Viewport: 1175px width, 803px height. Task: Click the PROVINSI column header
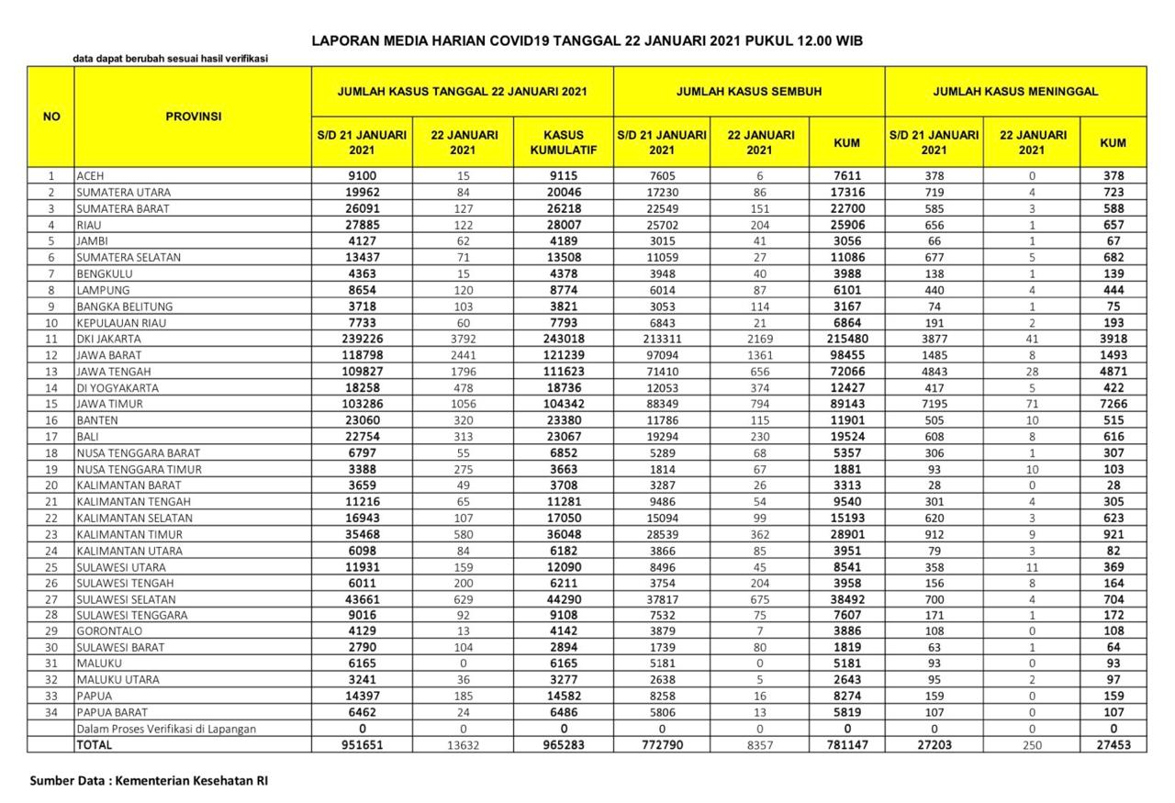click(x=193, y=117)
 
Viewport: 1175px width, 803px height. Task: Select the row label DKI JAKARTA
click(x=109, y=339)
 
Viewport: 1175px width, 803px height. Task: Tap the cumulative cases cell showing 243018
click(x=564, y=339)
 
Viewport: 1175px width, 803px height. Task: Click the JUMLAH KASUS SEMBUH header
click(x=748, y=92)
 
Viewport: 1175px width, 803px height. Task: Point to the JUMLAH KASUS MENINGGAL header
click(x=1015, y=92)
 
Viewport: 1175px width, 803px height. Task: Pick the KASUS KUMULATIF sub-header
click(x=564, y=141)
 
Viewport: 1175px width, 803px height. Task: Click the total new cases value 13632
click(x=463, y=745)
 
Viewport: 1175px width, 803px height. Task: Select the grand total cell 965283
click(x=564, y=745)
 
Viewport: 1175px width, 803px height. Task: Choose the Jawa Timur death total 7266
click(x=1113, y=404)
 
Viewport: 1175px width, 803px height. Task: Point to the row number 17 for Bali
click(x=51, y=437)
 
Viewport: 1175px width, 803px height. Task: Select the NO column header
click(x=51, y=117)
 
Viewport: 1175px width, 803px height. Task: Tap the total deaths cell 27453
click(x=1113, y=745)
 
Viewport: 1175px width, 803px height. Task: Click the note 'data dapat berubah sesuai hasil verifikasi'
click(x=171, y=60)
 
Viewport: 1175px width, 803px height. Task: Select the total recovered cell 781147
click(x=845, y=745)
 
